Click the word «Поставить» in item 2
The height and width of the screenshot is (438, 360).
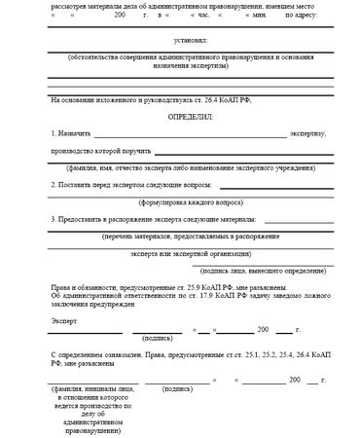81,183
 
